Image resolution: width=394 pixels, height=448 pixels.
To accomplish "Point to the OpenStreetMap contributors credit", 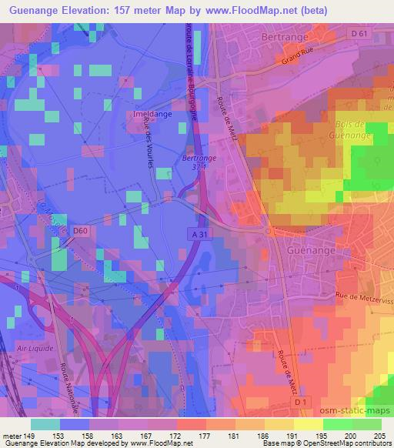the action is [x=346, y=443].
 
